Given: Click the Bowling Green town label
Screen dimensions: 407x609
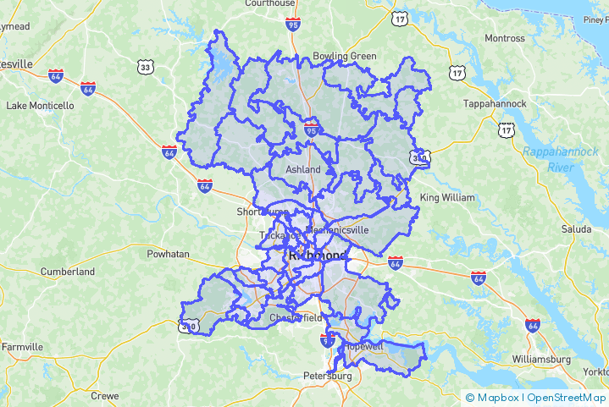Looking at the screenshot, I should tap(345, 56).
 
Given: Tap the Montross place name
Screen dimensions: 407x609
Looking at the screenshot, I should tap(504, 38).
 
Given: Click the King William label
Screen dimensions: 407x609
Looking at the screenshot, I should tap(447, 197).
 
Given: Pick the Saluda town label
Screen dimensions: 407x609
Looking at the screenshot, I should tap(576, 229).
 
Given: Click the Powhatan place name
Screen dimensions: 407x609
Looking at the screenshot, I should tap(168, 253).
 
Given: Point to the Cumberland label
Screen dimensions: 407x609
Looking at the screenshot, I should tap(68, 272).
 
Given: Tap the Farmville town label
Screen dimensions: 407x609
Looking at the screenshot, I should tap(22, 347).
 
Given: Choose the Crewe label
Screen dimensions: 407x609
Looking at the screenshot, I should tap(105, 395).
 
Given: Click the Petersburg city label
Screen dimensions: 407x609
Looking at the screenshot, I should tap(327, 375).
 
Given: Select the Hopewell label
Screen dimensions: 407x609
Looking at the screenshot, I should tap(363, 346).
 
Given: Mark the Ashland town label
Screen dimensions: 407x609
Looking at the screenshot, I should tap(302, 169).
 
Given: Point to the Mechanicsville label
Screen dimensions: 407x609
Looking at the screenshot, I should tap(336, 228).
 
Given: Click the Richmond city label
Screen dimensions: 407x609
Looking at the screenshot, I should tap(318, 255).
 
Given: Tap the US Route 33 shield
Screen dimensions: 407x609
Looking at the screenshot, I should tap(146, 66).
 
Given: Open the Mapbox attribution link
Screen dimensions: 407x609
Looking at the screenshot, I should tap(492, 397).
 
